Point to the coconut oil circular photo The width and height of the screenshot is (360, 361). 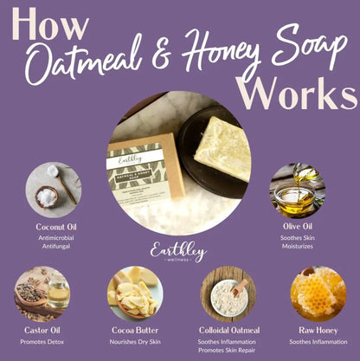(x=53, y=190)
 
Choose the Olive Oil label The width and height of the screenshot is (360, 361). (x=297, y=226)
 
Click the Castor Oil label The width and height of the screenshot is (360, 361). (x=42, y=329)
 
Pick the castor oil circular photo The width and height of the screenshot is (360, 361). (x=42, y=293)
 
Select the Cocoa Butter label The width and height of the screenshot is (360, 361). (x=134, y=329)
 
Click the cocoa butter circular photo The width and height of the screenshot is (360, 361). (x=134, y=293)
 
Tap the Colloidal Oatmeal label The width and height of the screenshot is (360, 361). (x=228, y=329)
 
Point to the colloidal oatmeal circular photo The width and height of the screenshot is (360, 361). (x=228, y=293)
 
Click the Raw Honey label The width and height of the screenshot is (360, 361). (x=318, y=329)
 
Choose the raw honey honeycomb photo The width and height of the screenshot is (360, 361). (x=318, y=293)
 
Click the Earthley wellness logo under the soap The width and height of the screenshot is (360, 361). (x=179, y=252)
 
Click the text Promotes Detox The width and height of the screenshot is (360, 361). (x=42, y=342)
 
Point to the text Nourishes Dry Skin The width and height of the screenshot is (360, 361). (x=134, y=342)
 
